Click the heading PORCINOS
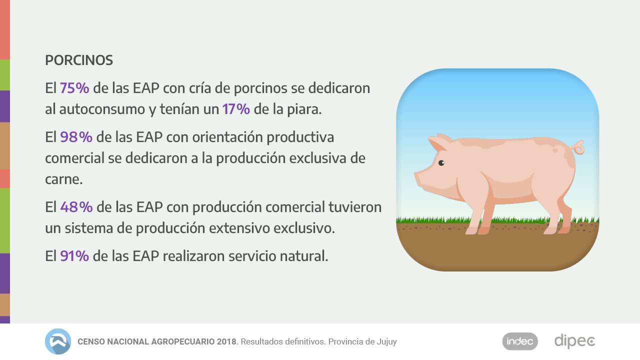click(x=79, y=60)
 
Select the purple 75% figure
click(x=74, y=88)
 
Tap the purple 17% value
click(x=236, y=109)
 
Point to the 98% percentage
click(x=76, y=136)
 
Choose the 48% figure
click(x=76, y=206)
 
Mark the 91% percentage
click(x=74, y=256)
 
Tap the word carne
click(x=63, y=179)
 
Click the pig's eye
click(x=441, y=163)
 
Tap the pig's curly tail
click(x=579, y=147)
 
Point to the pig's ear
click(x=438, y=143)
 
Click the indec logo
click(x=520, y=341)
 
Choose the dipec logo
click(x=574, y=341)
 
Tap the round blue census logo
click(x=58, y=341)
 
